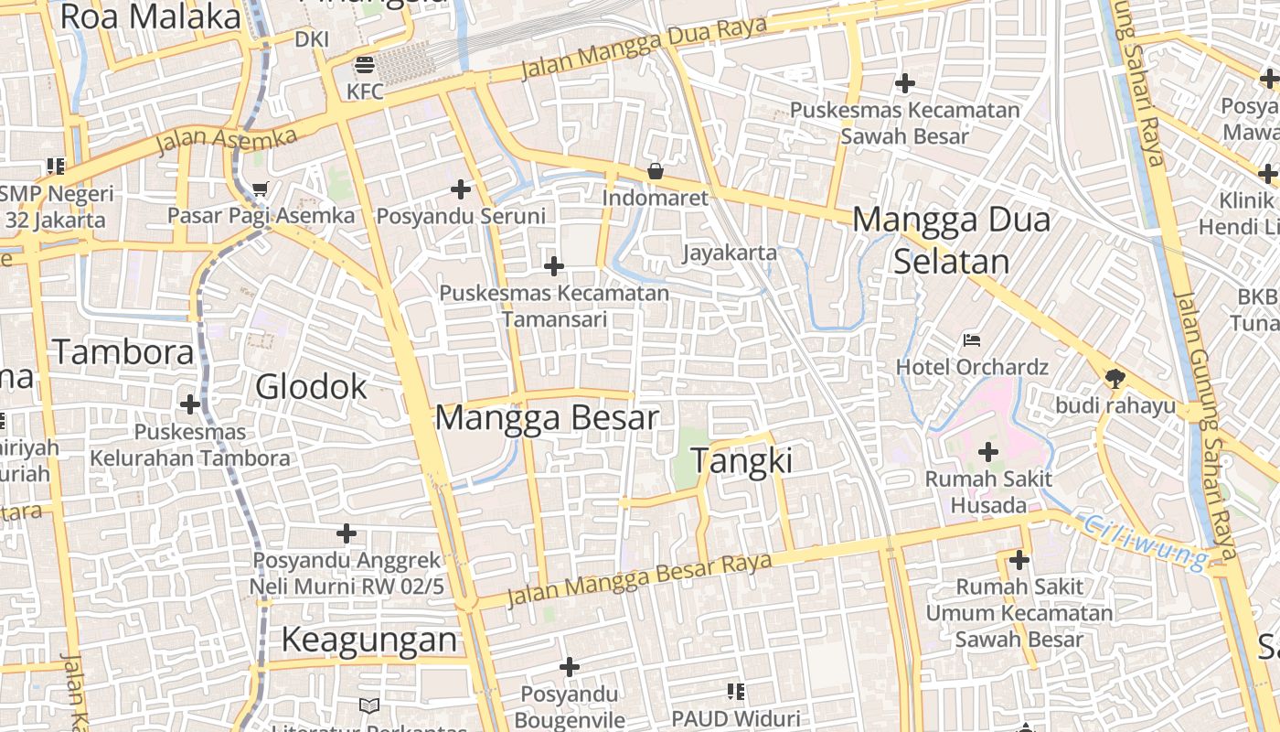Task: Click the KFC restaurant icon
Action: [364, 65]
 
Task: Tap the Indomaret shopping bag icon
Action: [655, 171]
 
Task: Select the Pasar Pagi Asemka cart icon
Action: [261, 189]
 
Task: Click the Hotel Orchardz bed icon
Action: [972, 341]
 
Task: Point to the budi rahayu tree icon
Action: [1115, 378]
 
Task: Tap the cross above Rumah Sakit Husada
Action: [987, 452]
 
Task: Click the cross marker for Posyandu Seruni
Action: [461, 189]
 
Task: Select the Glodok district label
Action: [311, 387]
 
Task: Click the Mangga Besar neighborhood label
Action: [546, 417]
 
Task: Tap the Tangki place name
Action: [741, 460]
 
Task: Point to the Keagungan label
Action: [368, 640]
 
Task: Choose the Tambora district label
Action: [123, 352]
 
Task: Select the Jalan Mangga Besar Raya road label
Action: [639, 580]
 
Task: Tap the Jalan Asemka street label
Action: [227, 142]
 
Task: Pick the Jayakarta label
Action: [730, 253]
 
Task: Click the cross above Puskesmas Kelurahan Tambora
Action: [190, 404]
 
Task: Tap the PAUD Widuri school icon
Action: [735, 692]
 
